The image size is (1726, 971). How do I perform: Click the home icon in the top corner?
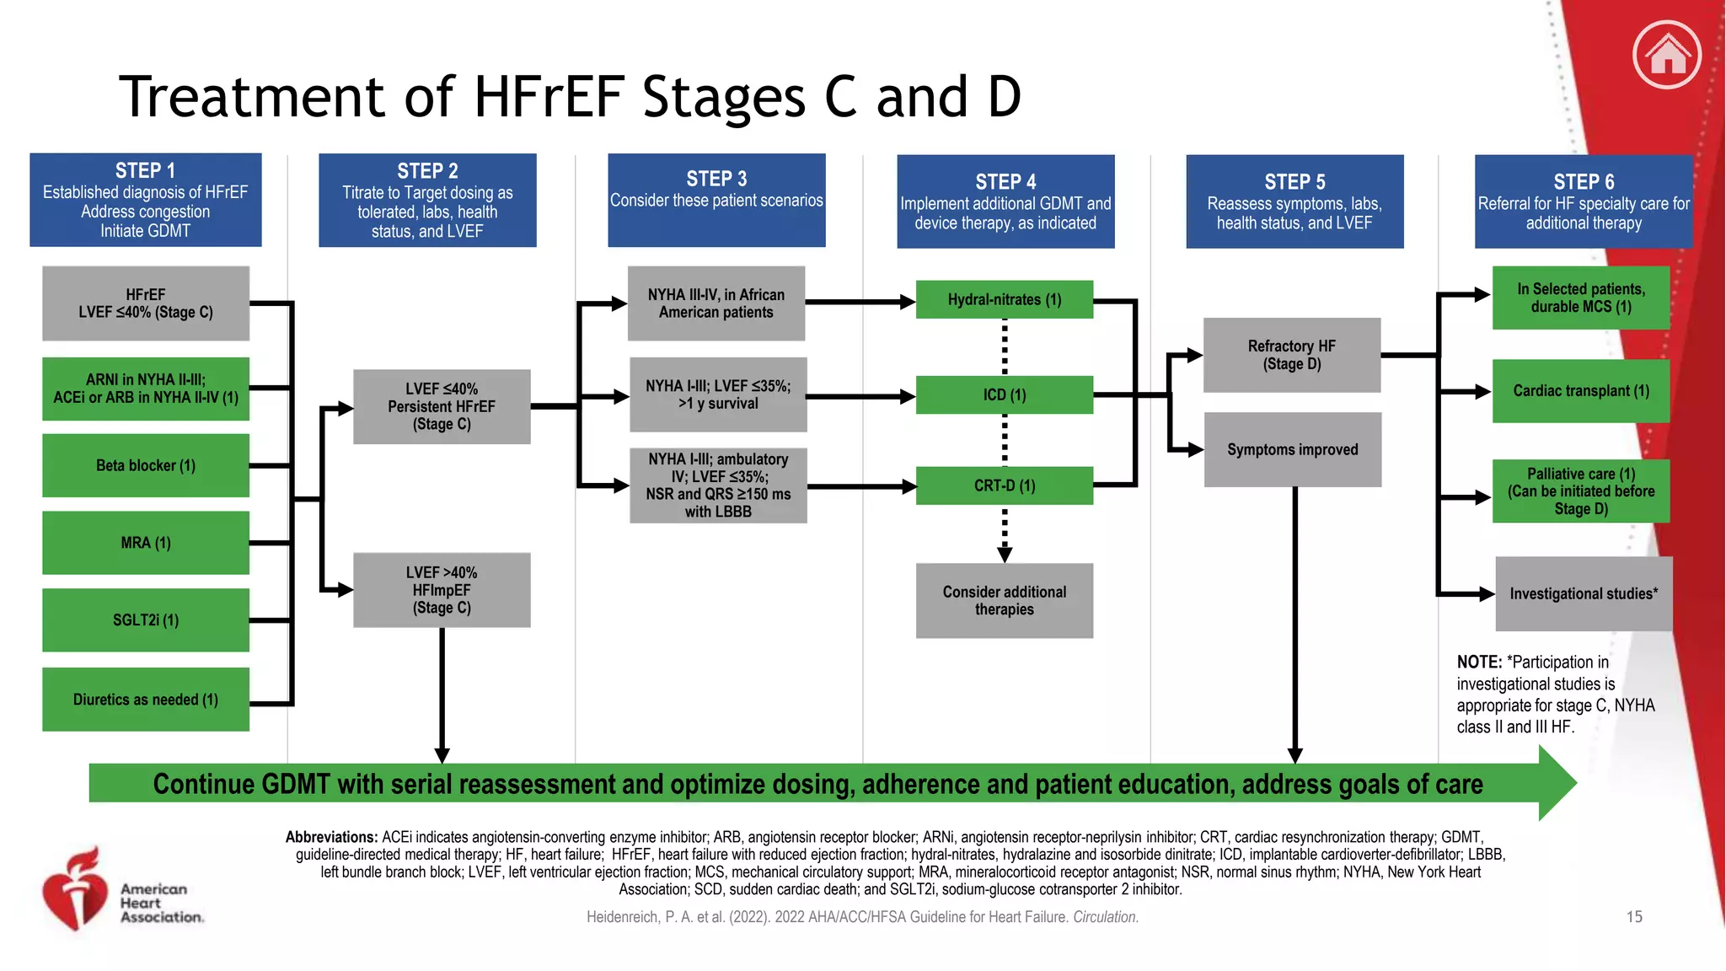pos(1666,56)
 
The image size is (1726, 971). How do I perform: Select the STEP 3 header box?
pos(716,200)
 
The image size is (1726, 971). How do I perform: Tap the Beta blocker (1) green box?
pos(146,465)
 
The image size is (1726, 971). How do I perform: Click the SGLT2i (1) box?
pos(146,620)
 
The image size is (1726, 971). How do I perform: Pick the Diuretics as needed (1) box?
pos(146,700)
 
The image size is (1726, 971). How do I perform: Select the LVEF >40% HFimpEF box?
pos(442,590)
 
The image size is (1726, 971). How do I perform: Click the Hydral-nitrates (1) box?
pos(1004,299)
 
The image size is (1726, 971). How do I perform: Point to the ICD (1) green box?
pos(1004,394)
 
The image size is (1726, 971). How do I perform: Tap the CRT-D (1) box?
pos(1004,485)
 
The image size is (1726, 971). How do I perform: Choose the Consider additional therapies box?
pos(1004,600)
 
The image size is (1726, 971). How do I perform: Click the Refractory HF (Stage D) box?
pos(1291,355)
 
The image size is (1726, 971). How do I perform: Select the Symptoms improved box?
pos(1292,449)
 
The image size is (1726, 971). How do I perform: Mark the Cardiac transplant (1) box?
pos(1580,391)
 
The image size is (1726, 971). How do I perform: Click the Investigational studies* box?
pos(1583,593)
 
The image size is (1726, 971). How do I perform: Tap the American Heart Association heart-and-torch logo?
pos(76,891)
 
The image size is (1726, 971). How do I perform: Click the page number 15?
pos(1633,917)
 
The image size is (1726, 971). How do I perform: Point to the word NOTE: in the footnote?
pos(1479,663)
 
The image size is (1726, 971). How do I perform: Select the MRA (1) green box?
pos(146,543)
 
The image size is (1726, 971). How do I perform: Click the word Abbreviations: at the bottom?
pos(331,837)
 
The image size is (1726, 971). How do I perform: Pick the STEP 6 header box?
pos(1583,201)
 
